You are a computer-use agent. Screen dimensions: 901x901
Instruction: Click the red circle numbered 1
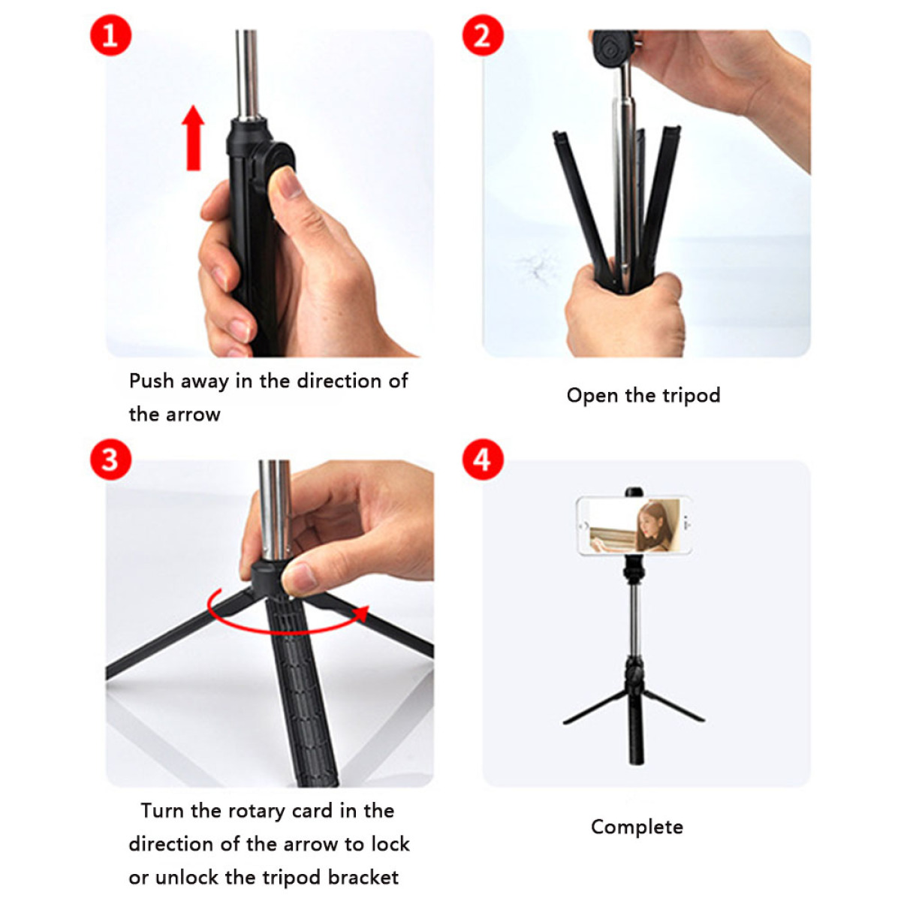pyautogui.click(x=110, y=35)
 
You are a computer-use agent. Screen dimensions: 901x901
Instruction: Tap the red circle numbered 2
pyautogui.click(x=483, y=35)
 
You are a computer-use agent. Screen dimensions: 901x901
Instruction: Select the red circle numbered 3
pyautogui.click(x=110, y=460)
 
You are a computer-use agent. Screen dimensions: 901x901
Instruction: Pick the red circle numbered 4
pyautogui.click(x=483, y=460)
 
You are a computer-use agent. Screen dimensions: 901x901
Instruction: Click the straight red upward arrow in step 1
pyautogui.click(x=193, y=138)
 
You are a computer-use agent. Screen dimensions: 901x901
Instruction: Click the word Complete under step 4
pyautogui.click(x=637, y=827)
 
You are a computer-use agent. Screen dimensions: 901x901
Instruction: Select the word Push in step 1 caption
pyautogui.click(x=152, y=381)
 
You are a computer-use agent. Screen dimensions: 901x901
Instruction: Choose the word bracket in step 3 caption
pyautogui.click(x=363, y=877)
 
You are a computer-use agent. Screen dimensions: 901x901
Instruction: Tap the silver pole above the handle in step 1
pyautogui.click(x=247, y=75)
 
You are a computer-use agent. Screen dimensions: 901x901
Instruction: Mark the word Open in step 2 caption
pyautogui.click(x=592, y=396)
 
